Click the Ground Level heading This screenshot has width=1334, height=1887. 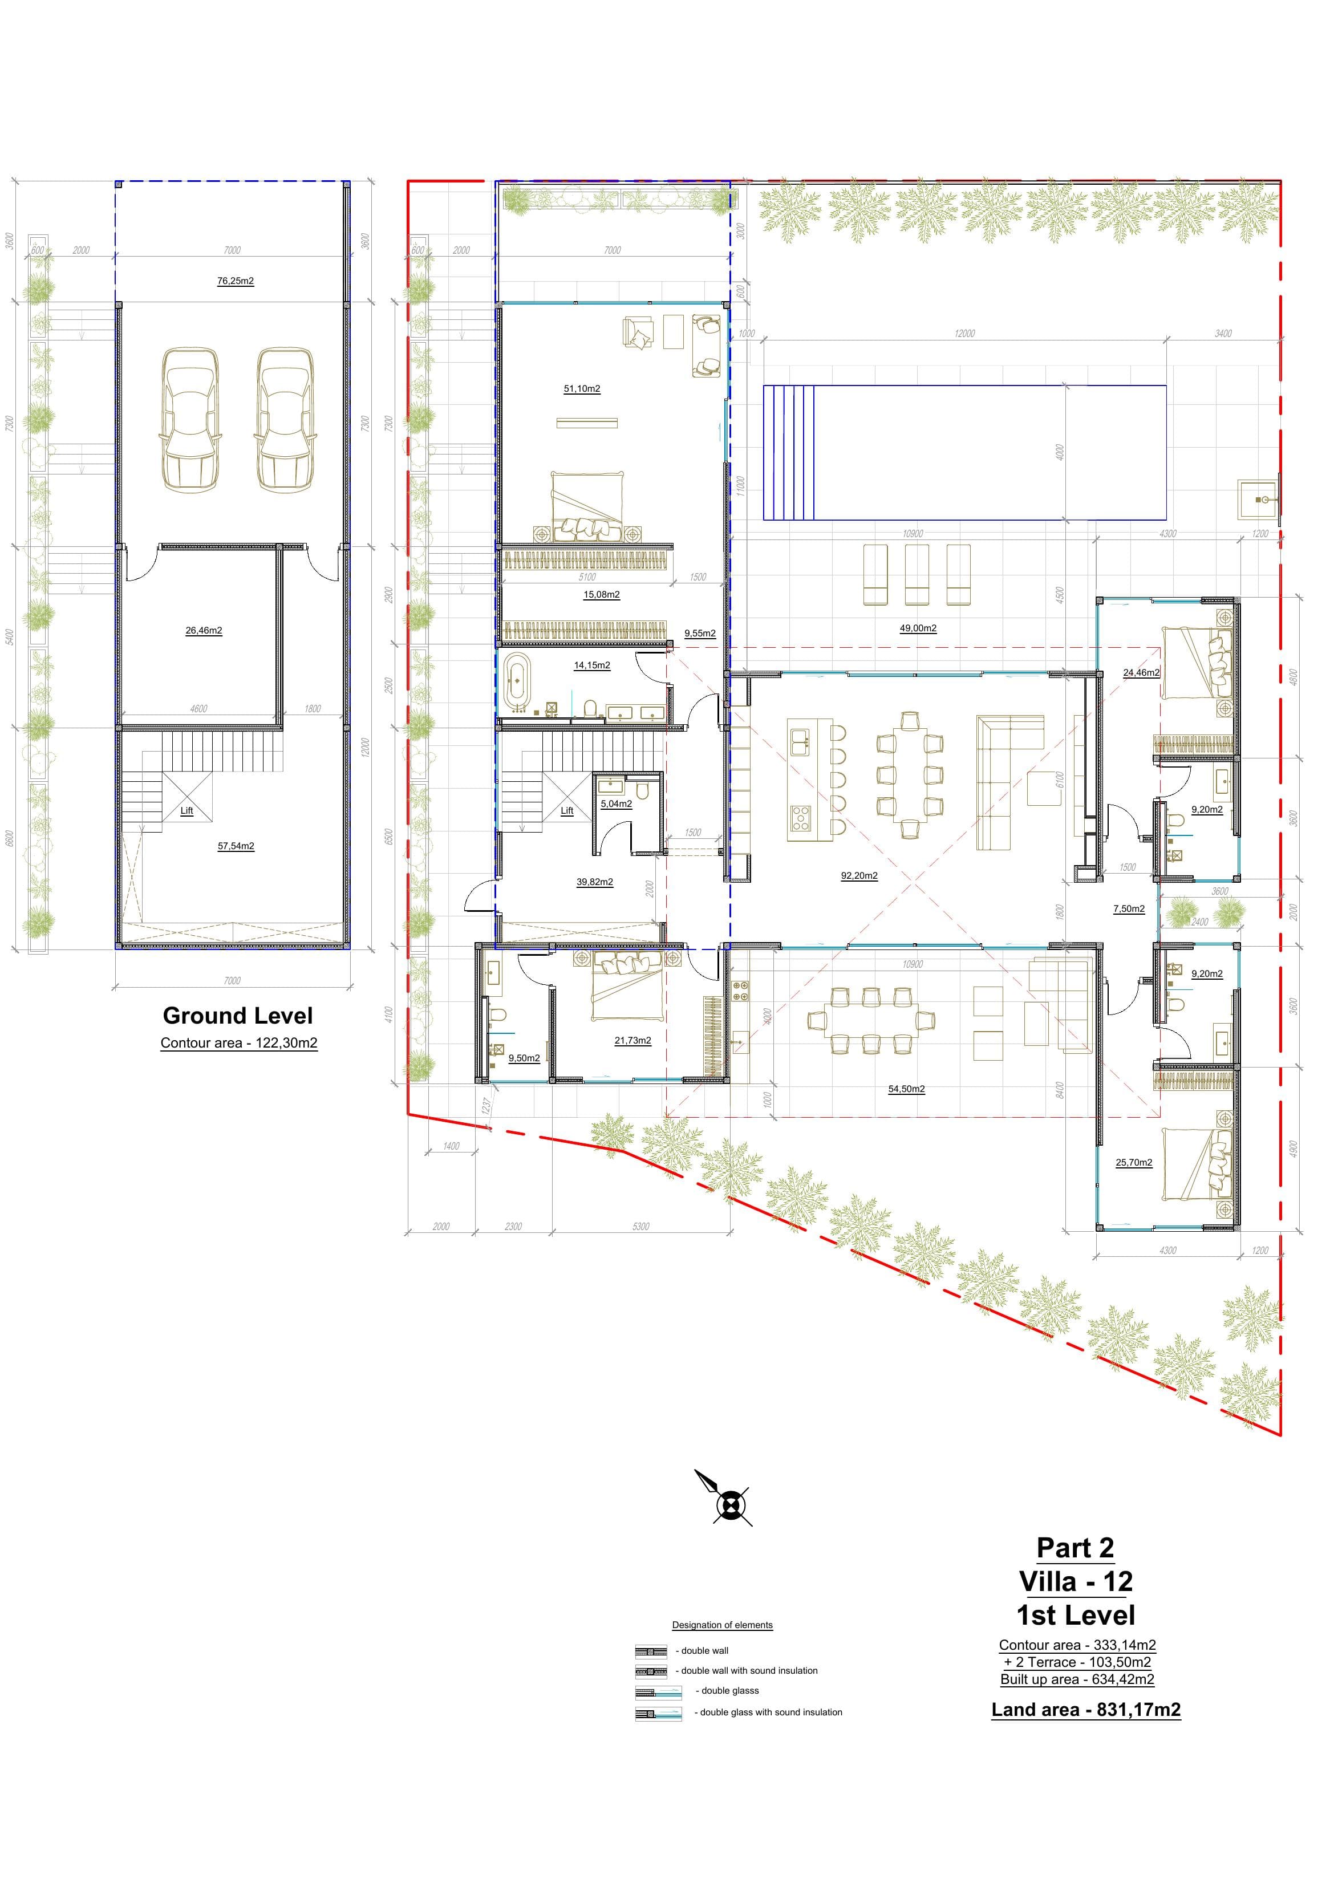[237, 1016]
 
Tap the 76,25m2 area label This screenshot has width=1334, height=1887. [235, 281]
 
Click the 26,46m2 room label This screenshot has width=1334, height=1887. [204, 631]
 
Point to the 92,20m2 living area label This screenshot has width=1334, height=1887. [859, 876]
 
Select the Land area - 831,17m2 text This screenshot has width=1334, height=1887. [1086, 1710]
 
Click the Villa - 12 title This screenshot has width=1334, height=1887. [1075, 1581]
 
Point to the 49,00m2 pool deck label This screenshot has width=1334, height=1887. [918, 629]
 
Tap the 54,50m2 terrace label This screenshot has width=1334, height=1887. [907, 1090]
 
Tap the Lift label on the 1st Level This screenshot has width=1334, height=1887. [567, 811]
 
